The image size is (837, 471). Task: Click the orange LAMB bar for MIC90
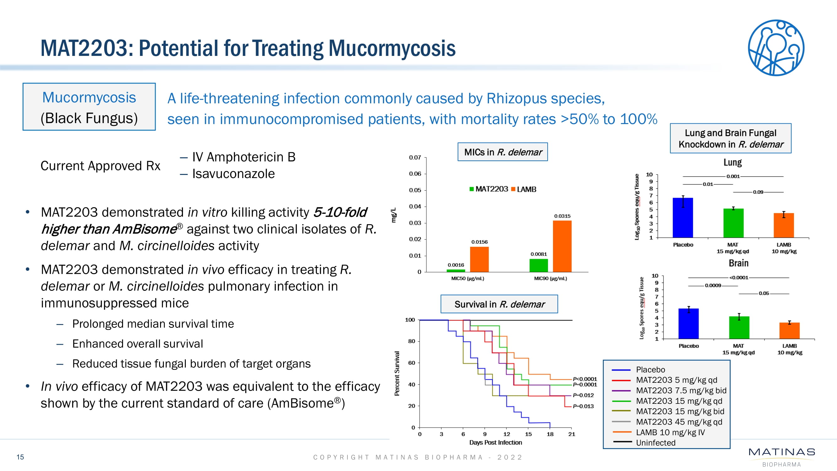tap(562, 246)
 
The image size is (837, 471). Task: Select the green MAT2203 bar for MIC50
tap(456, 270)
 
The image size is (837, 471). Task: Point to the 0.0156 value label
tap(479, 242)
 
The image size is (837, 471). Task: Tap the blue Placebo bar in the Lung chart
tap(683, 218)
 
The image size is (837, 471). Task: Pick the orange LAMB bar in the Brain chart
tap(789, 331)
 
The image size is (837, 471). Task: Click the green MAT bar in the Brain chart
tap(739, 327)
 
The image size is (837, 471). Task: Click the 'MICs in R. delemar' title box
tap(503, 152)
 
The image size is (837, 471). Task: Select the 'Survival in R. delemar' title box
tap(499, 304)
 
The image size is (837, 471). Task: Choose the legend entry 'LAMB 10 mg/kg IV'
tap(670, 432)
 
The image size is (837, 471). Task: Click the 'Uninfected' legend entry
tap(655, 443)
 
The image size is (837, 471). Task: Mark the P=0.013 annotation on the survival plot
tap(583, 406)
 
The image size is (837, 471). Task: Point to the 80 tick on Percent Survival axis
tap(411, 341)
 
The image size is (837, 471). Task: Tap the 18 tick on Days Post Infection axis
tap(550, 434)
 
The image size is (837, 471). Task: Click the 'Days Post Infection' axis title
tap(496, 442)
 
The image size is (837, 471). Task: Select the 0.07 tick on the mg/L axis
tap(415, 157)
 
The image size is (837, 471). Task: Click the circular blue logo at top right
tap(776, 48)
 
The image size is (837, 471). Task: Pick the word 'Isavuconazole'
tap(233, 174)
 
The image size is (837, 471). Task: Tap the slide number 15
tap(20, 457)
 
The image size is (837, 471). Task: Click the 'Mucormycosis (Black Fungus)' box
tap(89, 107)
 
